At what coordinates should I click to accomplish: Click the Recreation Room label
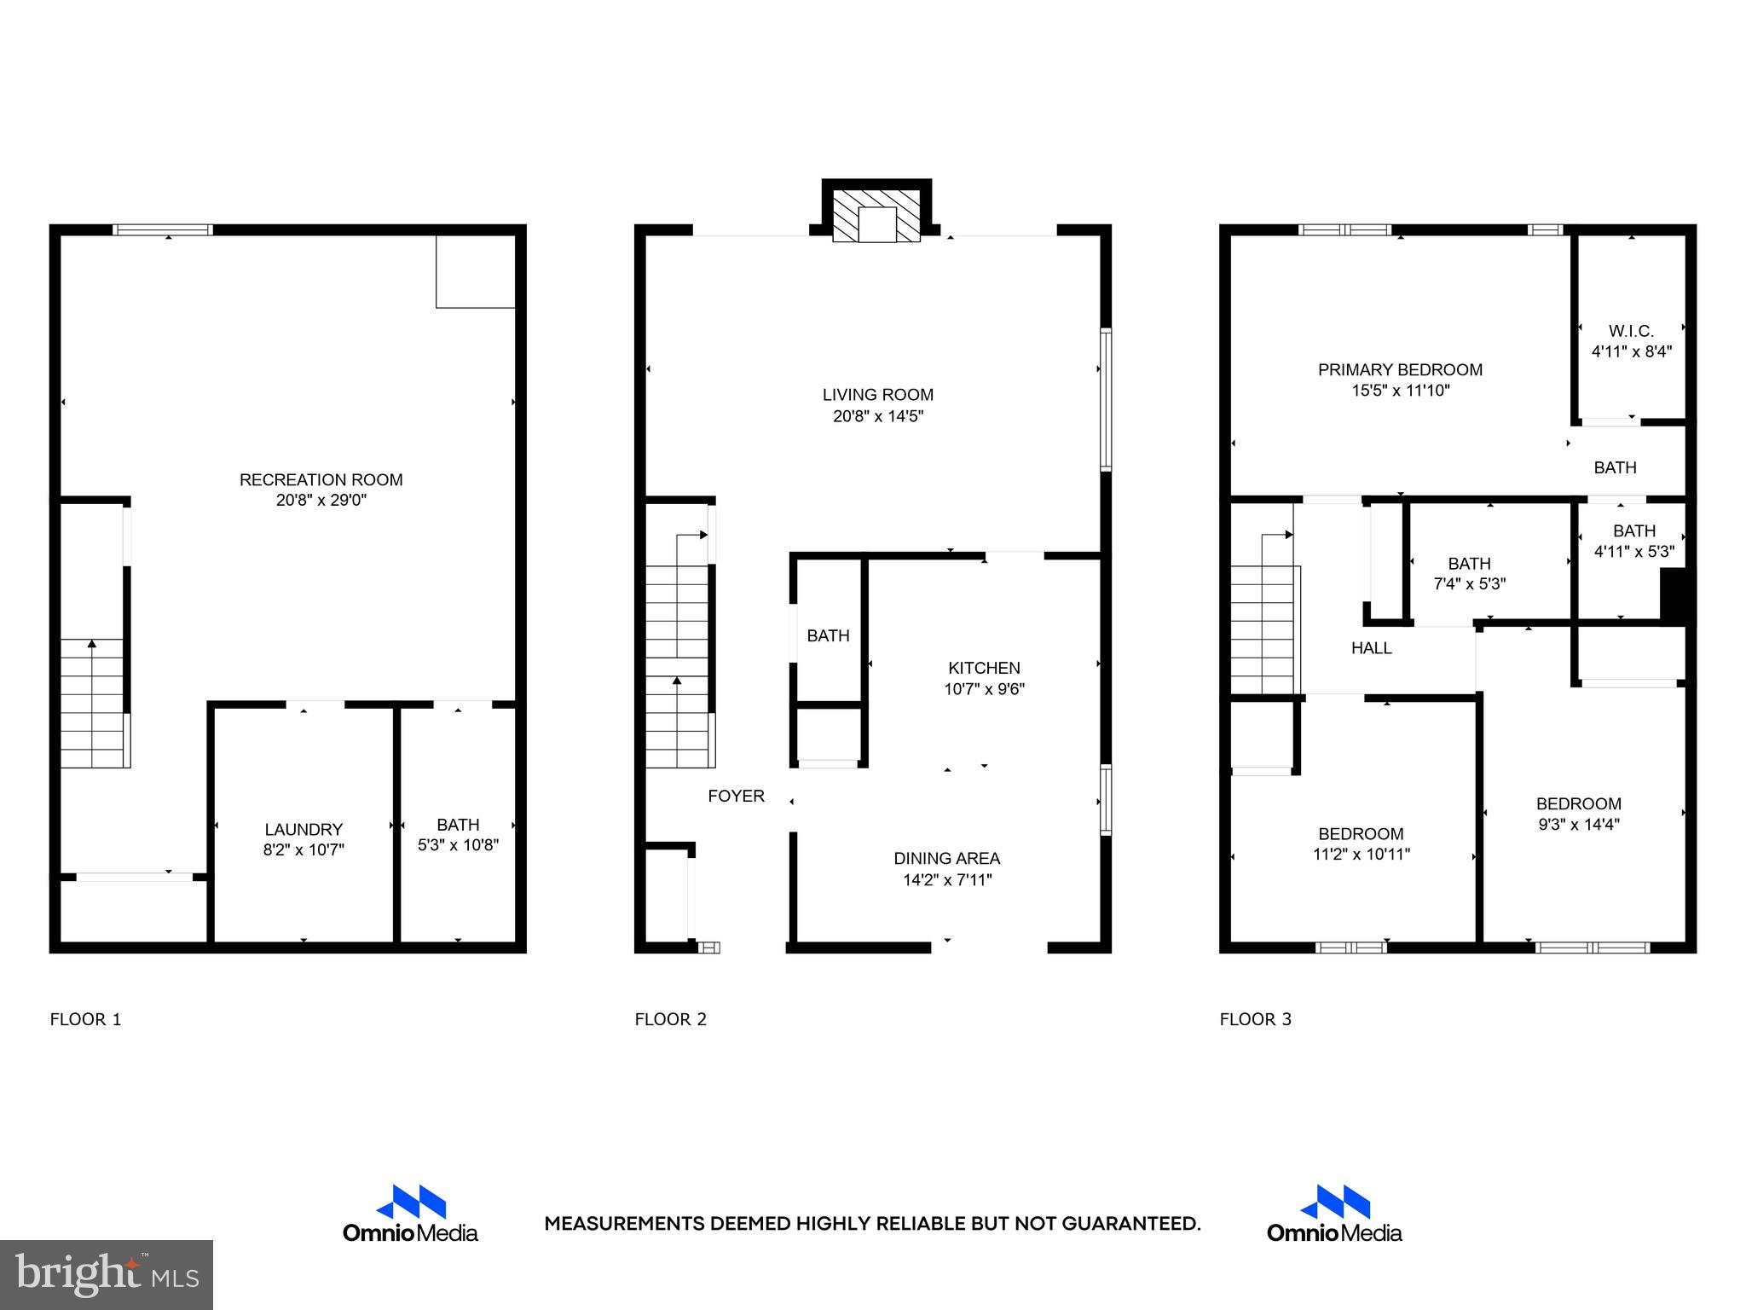[x=321, y=479]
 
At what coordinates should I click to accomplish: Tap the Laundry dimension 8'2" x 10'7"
[x=304, y=849]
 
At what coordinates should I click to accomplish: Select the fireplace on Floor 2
[x=876, y=217]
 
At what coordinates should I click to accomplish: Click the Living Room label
[x=877, y=394]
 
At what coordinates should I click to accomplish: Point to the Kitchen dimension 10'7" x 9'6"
[x=984, y=689]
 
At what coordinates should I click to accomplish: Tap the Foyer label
[x=736, y=796]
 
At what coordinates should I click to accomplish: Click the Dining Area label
[x=946, y=858]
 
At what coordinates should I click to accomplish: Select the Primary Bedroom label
[x=1400, y=369]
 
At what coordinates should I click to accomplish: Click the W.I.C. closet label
[x=1631, y=331]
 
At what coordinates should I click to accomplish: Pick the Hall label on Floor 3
[x=1371, y=648]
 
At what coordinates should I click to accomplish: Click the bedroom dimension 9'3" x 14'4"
[x=1579, y=825]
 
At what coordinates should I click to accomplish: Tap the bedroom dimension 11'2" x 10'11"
[x=1362, y=854]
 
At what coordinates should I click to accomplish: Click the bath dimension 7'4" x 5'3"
[x=1469, y=584]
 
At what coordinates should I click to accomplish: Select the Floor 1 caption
[x=86, y=1019]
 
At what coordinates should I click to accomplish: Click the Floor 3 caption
[x=1255, y=1019]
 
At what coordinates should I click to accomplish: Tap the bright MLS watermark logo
[x=106, y=1274]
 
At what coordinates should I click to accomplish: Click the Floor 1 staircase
[x=92, y=703]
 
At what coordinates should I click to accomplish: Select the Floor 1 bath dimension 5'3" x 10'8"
[x=458, y=845]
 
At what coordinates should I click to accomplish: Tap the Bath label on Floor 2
[x=828, y=635]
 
